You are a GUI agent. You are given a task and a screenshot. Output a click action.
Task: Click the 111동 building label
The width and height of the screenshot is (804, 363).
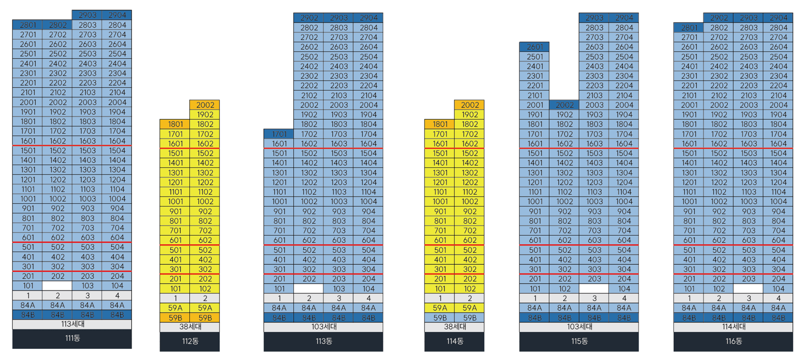[72, 338]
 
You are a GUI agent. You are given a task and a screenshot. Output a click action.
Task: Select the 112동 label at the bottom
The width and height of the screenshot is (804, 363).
[190, 341]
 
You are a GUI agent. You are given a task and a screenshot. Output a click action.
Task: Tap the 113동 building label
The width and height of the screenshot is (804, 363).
[323, 341]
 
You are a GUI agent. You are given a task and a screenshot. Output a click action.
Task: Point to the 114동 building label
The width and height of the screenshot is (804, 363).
[454, 341]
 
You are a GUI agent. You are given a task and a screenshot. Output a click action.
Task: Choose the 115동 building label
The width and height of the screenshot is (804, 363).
[579, 341]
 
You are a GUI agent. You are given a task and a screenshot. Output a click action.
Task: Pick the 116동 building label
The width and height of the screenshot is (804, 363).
[733, 341]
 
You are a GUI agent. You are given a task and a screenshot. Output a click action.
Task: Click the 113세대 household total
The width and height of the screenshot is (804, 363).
[72, 324]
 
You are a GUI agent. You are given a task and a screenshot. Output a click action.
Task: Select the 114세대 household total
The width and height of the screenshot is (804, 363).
[733, 327]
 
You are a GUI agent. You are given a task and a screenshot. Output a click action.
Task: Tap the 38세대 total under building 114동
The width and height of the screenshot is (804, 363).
[454, 327]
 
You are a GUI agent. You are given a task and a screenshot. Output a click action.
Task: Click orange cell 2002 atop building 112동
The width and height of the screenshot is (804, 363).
[205, 105]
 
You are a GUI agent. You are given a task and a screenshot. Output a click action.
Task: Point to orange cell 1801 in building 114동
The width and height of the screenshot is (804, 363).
[440, 124]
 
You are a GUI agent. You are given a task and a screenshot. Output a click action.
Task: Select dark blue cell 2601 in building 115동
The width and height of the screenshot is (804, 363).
[534, 47]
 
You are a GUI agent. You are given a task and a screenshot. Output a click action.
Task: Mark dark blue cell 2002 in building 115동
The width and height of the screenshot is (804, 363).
[564, 105]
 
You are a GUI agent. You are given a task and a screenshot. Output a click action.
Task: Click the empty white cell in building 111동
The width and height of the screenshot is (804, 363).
[57, 286]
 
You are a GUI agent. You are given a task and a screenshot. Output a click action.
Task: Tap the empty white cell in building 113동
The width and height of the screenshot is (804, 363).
[309, 289]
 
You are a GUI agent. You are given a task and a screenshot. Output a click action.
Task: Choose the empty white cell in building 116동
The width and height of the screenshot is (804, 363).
[748, 289]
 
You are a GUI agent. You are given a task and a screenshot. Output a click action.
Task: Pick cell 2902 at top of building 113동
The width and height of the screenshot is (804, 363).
[309, 18]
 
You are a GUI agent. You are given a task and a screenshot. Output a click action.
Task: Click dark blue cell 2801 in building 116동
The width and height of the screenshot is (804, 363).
[689, 28]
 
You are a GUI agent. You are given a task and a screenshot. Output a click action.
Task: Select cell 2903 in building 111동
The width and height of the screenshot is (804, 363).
[87, 15]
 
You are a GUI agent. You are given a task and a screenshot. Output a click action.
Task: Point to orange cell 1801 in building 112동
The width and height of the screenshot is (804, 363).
[175, 124]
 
